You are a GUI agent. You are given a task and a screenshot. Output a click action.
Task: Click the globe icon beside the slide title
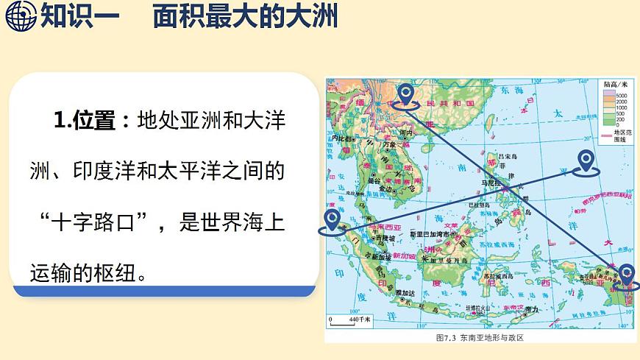tap(20, 15)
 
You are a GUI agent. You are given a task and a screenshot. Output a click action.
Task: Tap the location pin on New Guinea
tap(626, 274)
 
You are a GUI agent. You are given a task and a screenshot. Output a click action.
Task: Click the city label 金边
tap(385, 189)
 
